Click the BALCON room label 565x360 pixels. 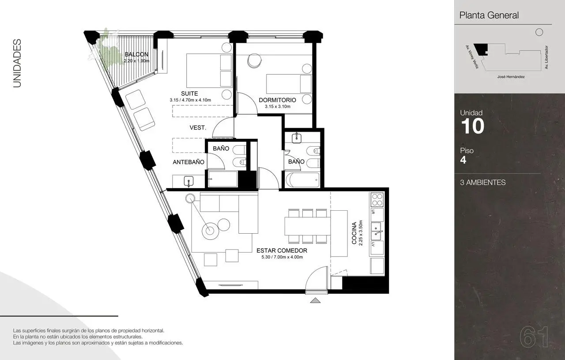coord(136,54)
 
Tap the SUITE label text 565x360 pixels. coord(189,93)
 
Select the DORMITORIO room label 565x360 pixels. coord(278,100)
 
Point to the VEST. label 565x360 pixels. coord(198,128)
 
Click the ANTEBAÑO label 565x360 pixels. coord(188,162)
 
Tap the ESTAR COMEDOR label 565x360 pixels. coord(282,250)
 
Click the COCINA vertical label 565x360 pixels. coord(354,233)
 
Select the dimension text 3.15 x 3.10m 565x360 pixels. coord(278,106)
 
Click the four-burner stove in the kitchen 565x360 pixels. coord(377,200)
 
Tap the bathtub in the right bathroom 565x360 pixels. coord(302,180)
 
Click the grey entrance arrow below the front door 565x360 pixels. coord(315,300)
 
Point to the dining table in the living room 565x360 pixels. coord(308,227)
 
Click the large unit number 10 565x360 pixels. coord(472,126)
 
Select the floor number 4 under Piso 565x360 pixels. coord(463,160)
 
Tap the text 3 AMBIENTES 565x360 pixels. coord(482,182)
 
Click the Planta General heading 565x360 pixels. coord(489,15)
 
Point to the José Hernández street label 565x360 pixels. coord(511,77)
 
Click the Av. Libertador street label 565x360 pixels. coord(546,57)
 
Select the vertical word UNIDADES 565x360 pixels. coord(17,63)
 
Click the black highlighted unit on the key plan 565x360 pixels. coord(481,49)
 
